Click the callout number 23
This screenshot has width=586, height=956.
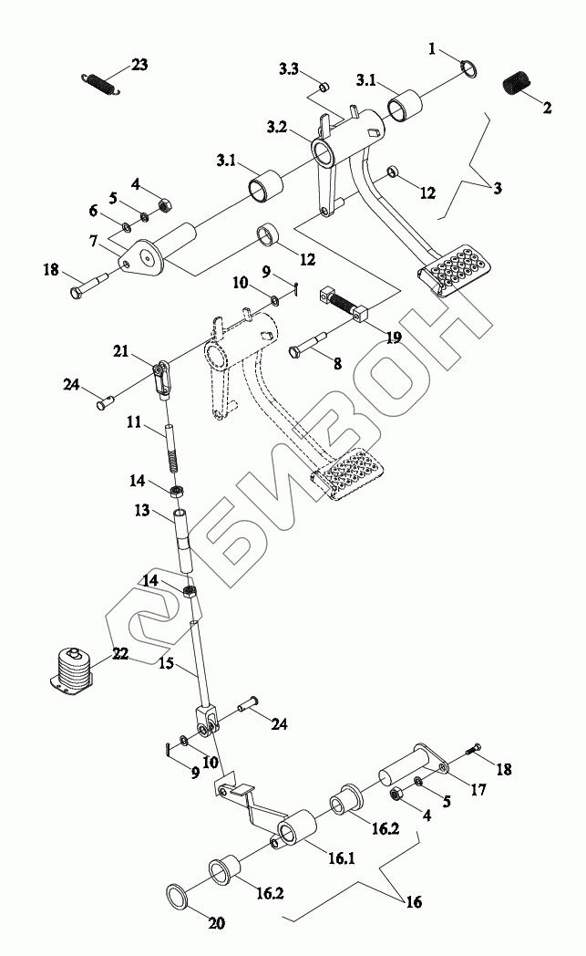[x=139, y=65]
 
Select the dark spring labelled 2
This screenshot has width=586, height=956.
[x=516, y=83]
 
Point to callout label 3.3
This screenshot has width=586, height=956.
[x=289, y=70]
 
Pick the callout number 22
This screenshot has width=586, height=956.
[x=119, y=653]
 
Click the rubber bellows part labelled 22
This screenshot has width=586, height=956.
[x=70, y=669]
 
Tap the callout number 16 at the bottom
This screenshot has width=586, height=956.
[x=414, y=903]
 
